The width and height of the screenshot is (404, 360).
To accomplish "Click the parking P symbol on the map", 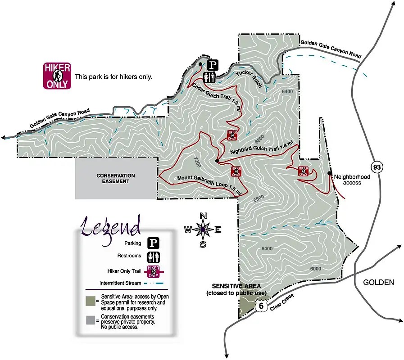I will (x=213, y=65).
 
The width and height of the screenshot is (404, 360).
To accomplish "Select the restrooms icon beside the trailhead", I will (x=209, y=77).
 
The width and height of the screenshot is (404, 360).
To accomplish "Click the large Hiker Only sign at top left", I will (x=57, y=76).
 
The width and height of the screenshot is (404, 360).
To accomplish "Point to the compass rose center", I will (x=203, y=229).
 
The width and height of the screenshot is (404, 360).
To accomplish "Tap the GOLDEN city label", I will (x=378, y=283).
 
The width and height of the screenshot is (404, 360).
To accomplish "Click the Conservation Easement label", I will (x=116, y=178).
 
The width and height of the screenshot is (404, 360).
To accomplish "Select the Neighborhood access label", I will (x=352, y=180).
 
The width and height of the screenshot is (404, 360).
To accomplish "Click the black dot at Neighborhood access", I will (x=330, y=173).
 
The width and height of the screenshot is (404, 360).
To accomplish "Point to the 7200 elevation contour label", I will (x=196, y=162).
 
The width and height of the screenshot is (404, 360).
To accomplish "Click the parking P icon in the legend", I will (x=154, y=243).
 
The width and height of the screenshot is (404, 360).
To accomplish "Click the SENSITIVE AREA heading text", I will (x=236, y=286).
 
